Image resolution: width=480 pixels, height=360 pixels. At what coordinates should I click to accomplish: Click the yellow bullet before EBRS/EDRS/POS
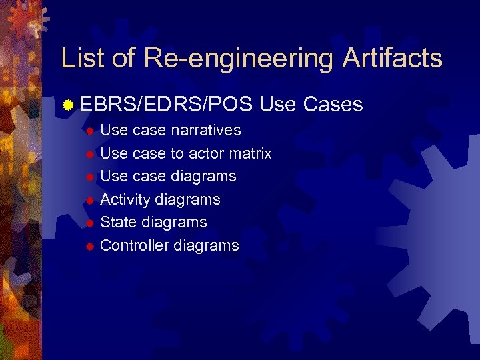(x=67, y=105)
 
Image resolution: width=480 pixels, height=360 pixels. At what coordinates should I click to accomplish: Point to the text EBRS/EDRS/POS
(x=166, y=105)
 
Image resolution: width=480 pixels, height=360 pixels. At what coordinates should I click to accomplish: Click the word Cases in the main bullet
(x=333, y=105)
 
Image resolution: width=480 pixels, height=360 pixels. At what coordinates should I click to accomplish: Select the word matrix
(x=250, y=153)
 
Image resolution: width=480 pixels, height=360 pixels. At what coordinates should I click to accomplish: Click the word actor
(x=206, y=153)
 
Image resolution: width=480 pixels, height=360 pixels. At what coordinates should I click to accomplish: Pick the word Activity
(x=125, y=199)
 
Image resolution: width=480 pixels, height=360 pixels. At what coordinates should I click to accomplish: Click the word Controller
(x=135, y=245)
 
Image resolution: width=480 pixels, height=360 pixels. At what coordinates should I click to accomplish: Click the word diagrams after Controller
(x=206, y=245)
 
